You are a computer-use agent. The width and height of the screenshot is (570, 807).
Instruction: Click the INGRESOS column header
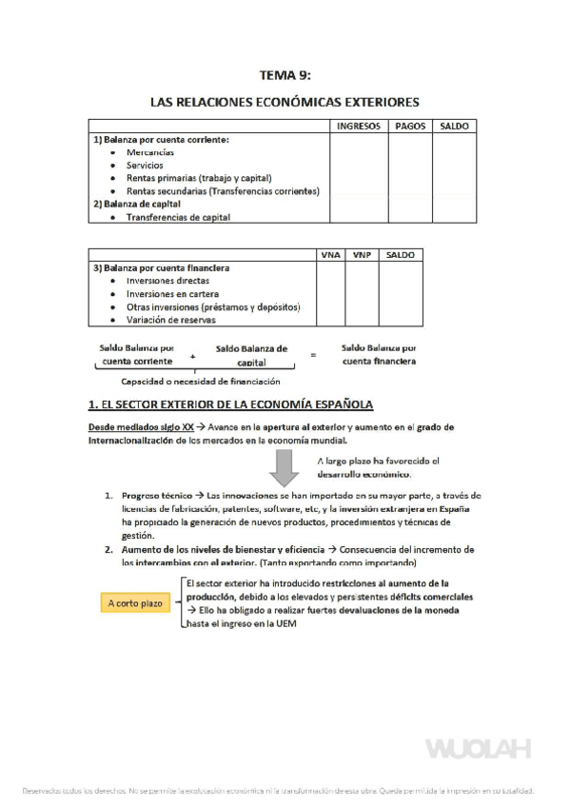(x=358, y=126)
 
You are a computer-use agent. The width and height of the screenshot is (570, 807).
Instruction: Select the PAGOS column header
(x=409, y=126)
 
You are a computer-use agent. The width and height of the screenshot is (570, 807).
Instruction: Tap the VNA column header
(x=330, y=255)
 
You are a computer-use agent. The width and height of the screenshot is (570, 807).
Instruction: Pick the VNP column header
(x=360, y=255)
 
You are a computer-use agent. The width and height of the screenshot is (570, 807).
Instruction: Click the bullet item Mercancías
(x=149, y=152)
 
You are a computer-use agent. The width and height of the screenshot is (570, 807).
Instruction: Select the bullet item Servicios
(x=145, y=165)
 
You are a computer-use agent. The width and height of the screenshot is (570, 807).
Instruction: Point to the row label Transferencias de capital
(x=178, y=217)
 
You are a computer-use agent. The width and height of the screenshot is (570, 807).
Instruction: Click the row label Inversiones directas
(x=167, y=281)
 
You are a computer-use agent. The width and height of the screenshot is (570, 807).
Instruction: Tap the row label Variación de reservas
(x=170, y=321)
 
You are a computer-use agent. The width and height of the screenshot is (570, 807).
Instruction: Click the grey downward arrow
(x=285, y=466)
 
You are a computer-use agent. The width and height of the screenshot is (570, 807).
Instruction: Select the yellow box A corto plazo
(x=135, y=603)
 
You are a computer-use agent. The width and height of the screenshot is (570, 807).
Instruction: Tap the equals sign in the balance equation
(x=312, y=355)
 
